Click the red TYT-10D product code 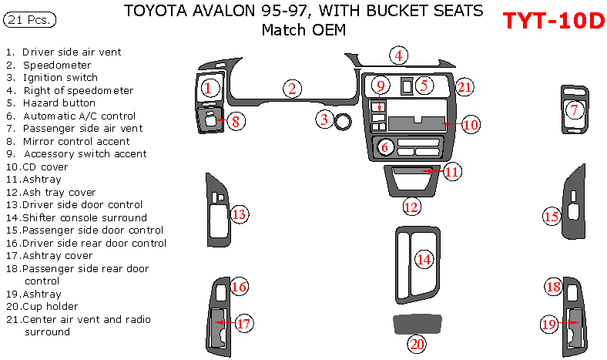pos(553,21)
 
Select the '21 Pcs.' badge pos(30,19)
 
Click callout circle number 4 pos(398,55)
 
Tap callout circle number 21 pos(464,87)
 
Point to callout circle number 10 pos(470,123)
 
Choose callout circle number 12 pos(411,206)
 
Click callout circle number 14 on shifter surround pos(424,260)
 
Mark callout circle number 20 pos(417,344)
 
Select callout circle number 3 pos(325,119)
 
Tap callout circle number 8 pos(237,120)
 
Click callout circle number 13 pos(240,214)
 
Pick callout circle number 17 pos(243,324)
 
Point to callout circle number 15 pos(551,217)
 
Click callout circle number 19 pos(548,325)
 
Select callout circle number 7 pos(573,110)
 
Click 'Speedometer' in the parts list pos(57,65)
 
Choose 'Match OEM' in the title pos(303,30)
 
